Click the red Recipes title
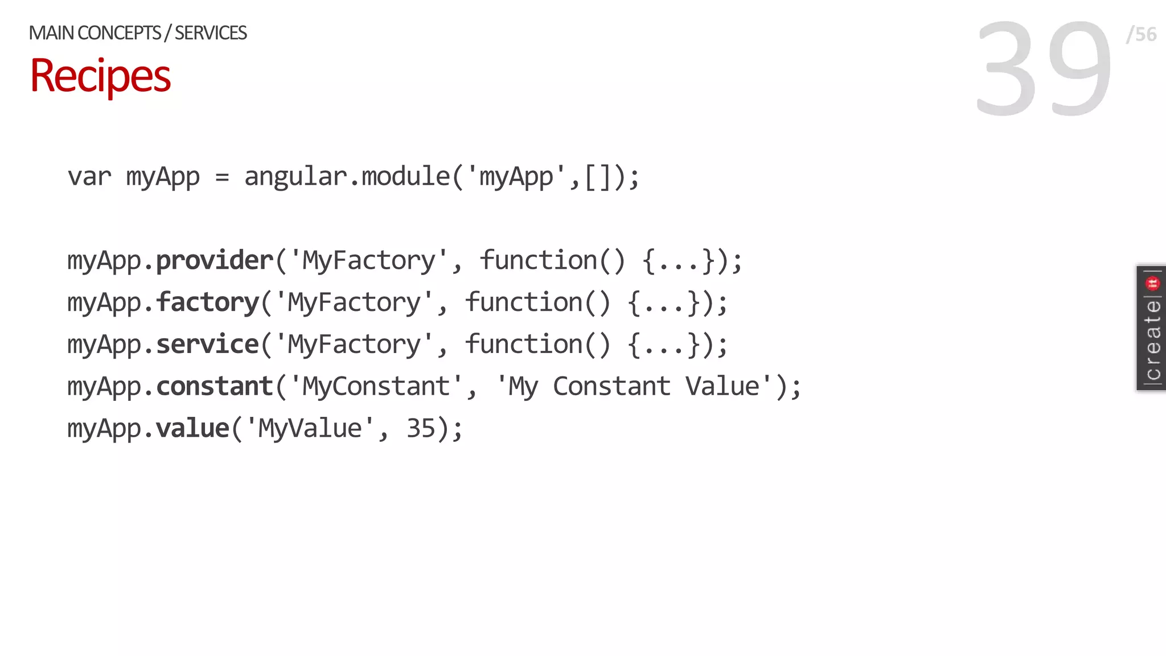point(100,76)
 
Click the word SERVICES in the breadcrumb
point(211,33)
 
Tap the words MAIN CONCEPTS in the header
point(95,33)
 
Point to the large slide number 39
point(1043,68)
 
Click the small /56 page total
point(1141,34)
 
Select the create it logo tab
point(1151,328)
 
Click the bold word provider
point(215,261)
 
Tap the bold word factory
point(208,302)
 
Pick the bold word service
point(208,345)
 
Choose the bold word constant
point(215,387)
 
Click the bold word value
point(192,428)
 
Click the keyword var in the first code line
point(89,177)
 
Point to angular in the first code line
point(295,177)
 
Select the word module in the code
point(406,177)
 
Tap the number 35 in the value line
point(421,428)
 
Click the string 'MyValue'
point(310,428)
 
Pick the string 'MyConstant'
point(376,387)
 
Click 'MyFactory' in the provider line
point(368,261)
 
